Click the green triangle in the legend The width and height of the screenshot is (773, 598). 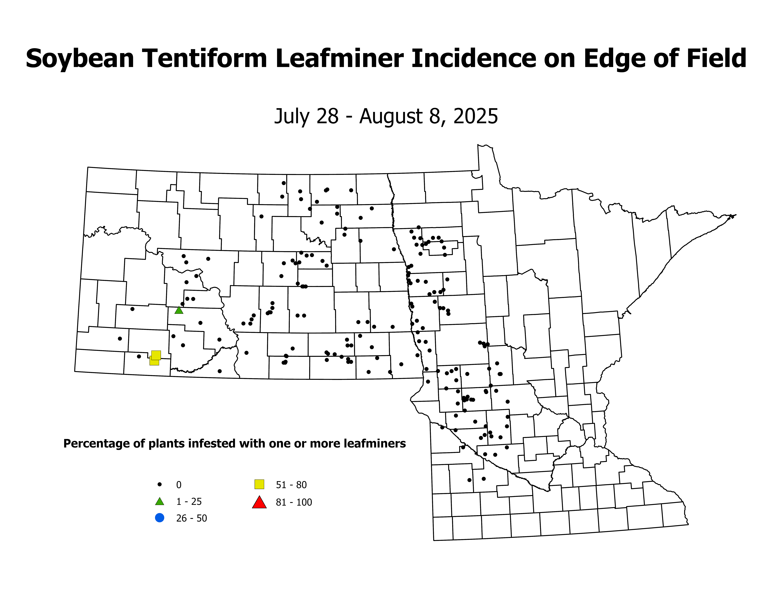(160, 502)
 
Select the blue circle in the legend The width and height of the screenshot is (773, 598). (160, 518)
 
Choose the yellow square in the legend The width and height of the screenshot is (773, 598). (259, 484)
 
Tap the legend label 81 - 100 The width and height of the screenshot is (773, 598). (294, 502)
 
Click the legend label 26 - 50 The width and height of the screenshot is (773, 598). (191, 518)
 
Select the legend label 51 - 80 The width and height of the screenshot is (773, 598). (291, 485)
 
